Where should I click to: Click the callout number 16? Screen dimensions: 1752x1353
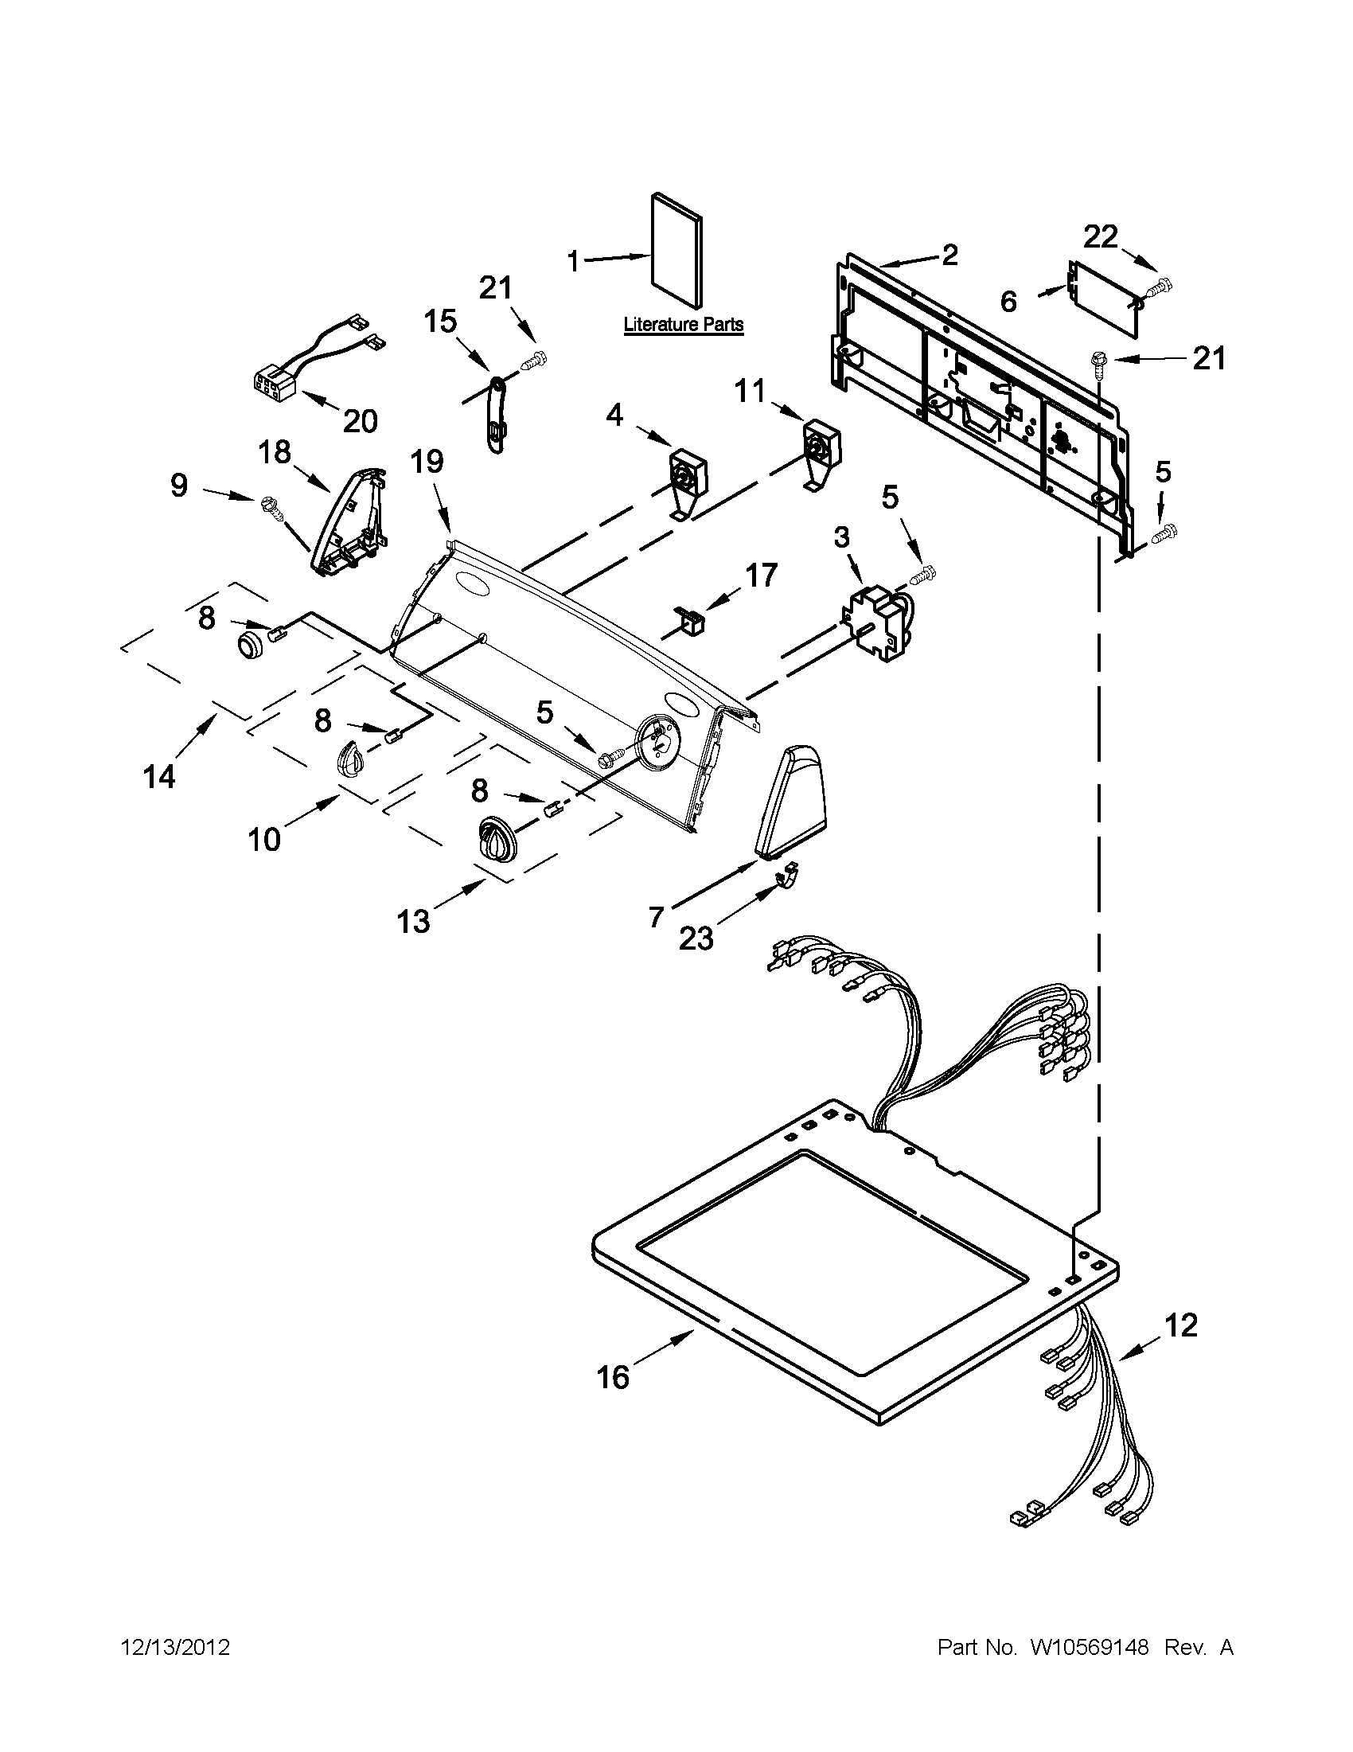click(613, 1377)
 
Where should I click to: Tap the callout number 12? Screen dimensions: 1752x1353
click(1180, 1325)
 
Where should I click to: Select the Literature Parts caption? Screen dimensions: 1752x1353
click(684, 325)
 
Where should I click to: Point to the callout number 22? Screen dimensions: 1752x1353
click(1101, 236)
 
